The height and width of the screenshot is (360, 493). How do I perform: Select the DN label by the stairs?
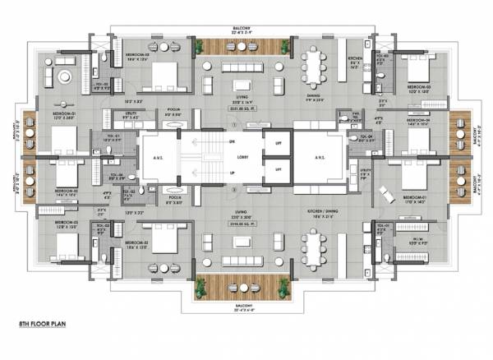point(233,141)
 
